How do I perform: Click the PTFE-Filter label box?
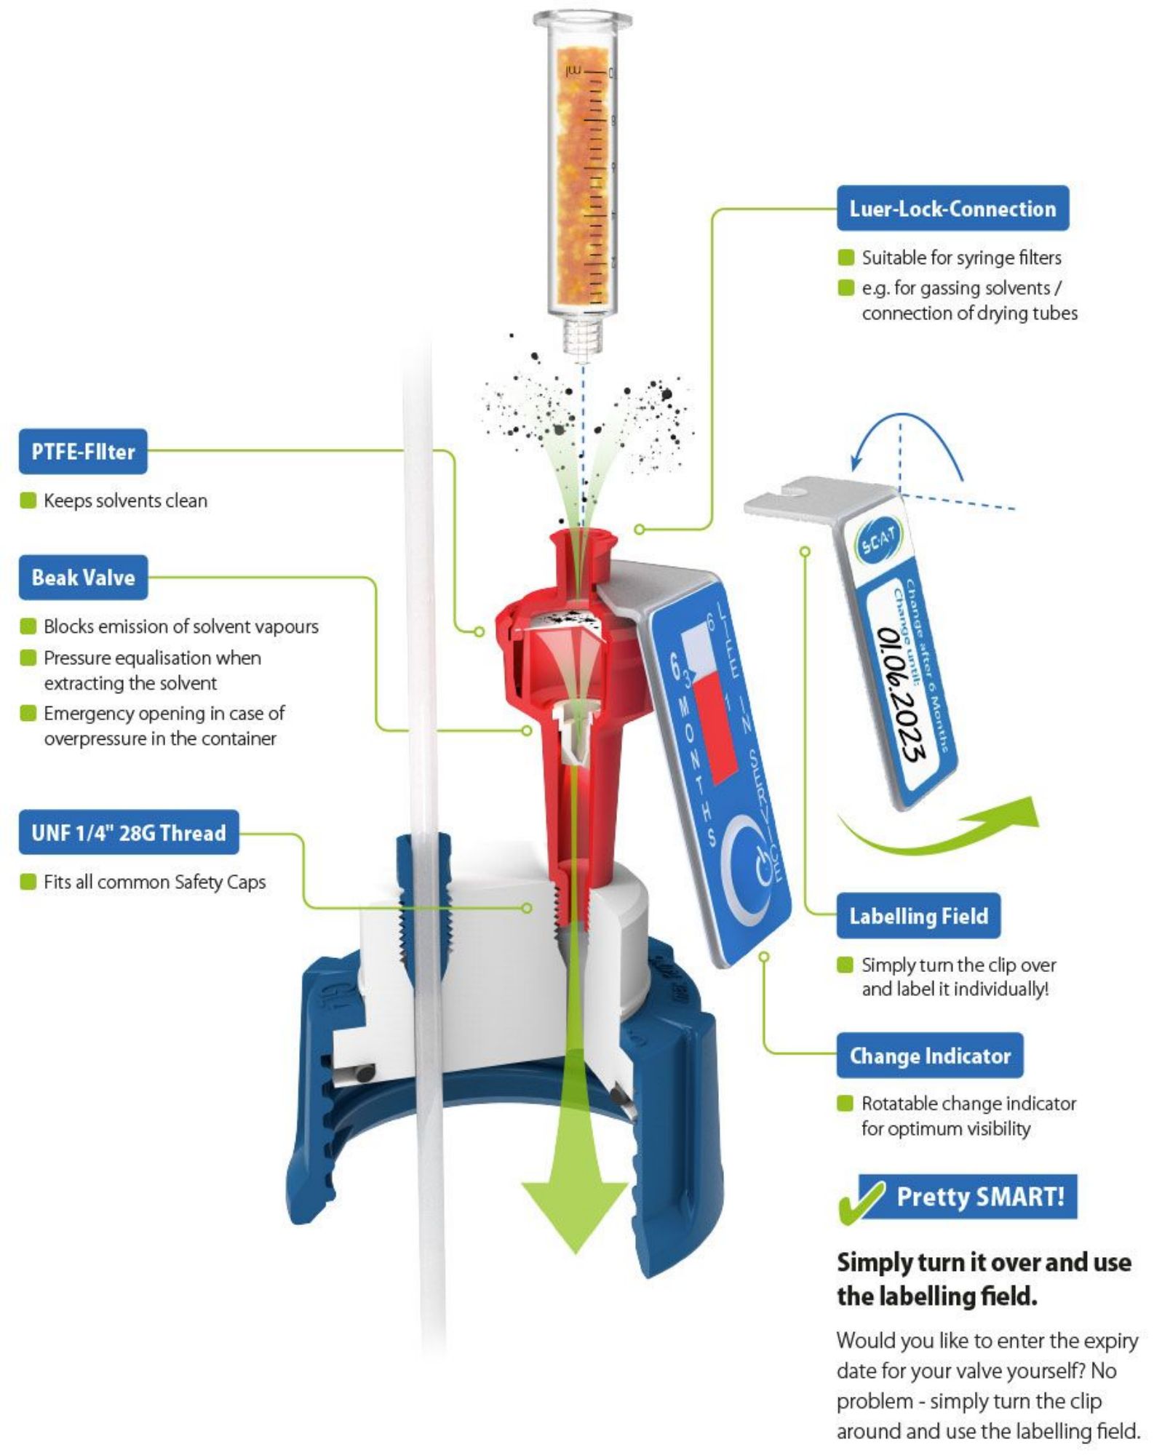pyautogui.click(x=83, y=452)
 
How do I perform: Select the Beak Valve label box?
pyautogui.click(x=83, y=578)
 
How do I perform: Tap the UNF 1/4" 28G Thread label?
pyautogui.click(x=129, y=832)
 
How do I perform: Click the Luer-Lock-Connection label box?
pyautogui.click(x=952, y=209)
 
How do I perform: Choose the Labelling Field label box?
pyautogui.click(x=918, y=916)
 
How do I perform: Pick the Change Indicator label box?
pyautogui.click(x=929, y=1055)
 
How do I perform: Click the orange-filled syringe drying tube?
pyautogui.click(x=582, y=175)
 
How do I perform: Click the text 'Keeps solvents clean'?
pyautogui.click(x=125, y=501)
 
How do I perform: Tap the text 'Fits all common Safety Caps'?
pyautogui.click(x=154, y=882)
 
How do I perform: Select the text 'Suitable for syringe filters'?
pyautogui.click(x=960, y=258)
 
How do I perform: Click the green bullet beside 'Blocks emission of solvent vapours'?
pyautogui.click(x=28, y=626)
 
